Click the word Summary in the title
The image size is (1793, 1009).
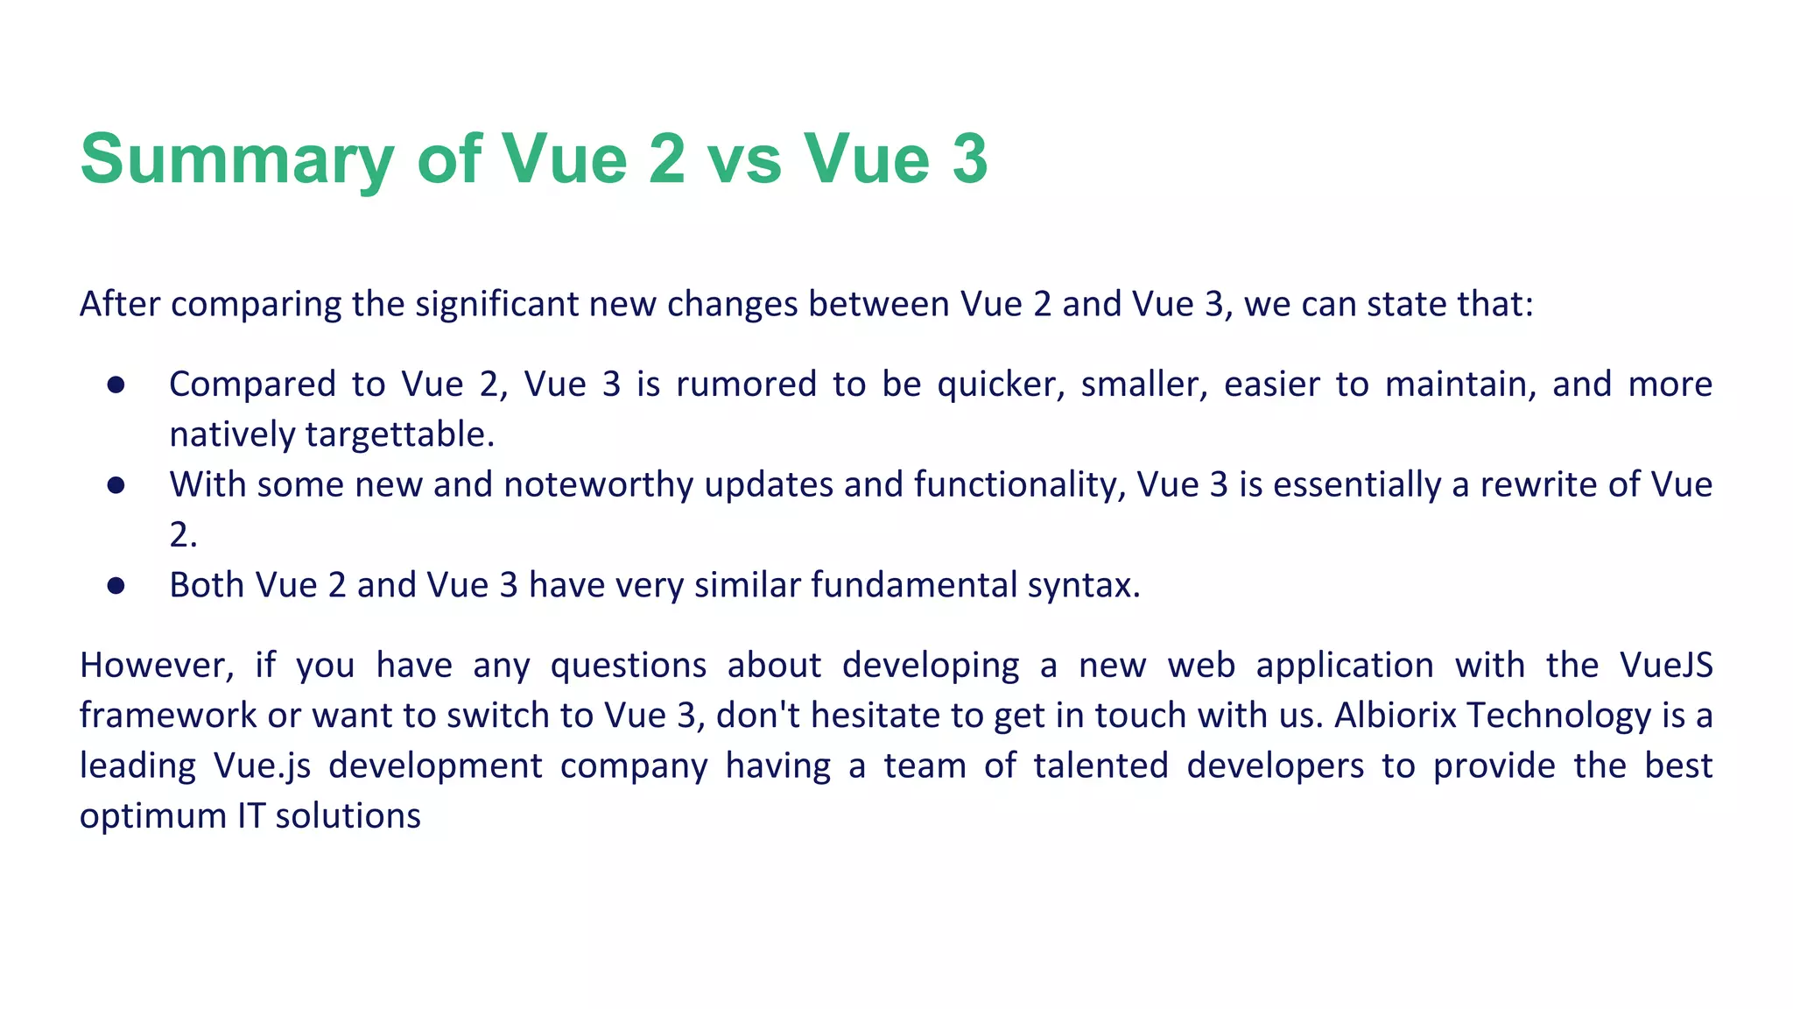(x=237, y=159)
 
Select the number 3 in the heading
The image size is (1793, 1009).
(x=969, y=159)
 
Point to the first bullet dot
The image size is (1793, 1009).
(x=116, y=385)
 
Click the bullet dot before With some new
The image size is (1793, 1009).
(x=116, y=486)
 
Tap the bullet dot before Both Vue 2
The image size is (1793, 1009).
(x=116, y=586)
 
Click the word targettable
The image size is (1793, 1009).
(x=399, y=435)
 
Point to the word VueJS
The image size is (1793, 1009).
(x=1666, y=666)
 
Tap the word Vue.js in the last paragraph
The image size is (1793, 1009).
(x=262, y=766)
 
